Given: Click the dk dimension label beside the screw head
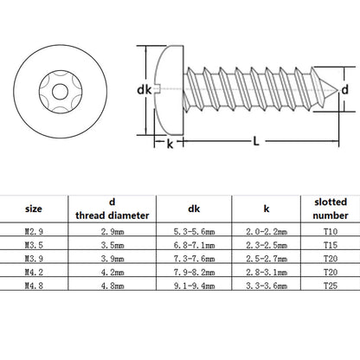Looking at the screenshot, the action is pos(144,90).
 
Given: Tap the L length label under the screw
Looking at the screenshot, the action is pos(256,141).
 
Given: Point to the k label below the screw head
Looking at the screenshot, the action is pos(170,144).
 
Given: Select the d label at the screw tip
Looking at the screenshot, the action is pos(345,90).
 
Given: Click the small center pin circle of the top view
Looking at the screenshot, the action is pos(61,92).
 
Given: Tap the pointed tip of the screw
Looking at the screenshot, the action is pos(337,90).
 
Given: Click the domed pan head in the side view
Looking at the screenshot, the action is pos(170,90).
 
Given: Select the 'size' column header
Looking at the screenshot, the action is pos(34,209).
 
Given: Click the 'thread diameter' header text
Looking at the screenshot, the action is pos(112,215).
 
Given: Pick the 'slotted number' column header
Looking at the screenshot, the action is pos(331,209).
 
